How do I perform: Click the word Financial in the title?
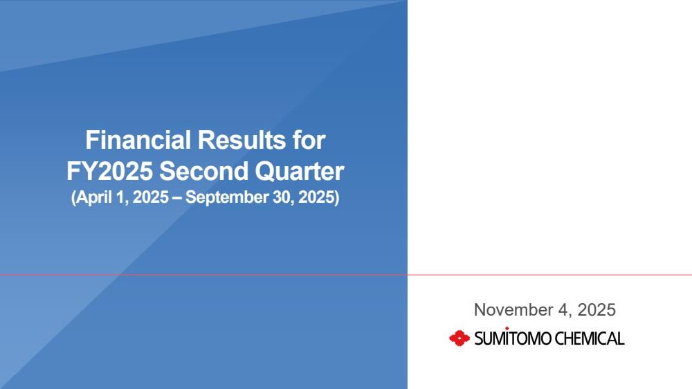(138, 140)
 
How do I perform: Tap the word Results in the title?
(242, 140)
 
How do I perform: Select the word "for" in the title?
(309, 140)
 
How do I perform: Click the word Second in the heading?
(203, 172)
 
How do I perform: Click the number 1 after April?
(120, 197)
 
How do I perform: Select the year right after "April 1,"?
(150, 197)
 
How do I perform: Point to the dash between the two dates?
(176, 198)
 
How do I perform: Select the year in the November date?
(597, 310)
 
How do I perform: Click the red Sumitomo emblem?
(459, 338)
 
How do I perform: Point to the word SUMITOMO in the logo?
(513, 338)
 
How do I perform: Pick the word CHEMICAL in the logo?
(589, 338)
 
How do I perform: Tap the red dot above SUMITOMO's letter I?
(507, 328)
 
